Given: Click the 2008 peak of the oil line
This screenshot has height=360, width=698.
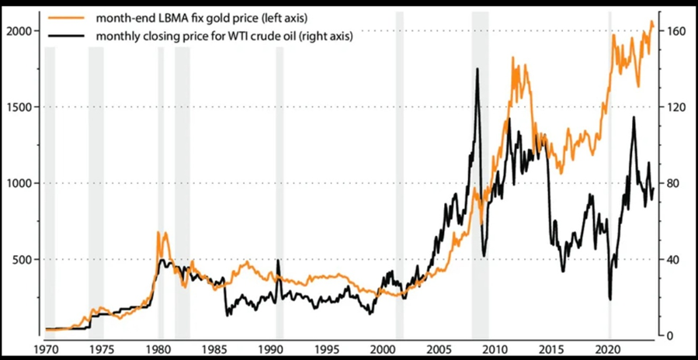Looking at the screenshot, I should click(477, 70).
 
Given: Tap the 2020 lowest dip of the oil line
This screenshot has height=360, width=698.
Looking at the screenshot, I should click(610, 299).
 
